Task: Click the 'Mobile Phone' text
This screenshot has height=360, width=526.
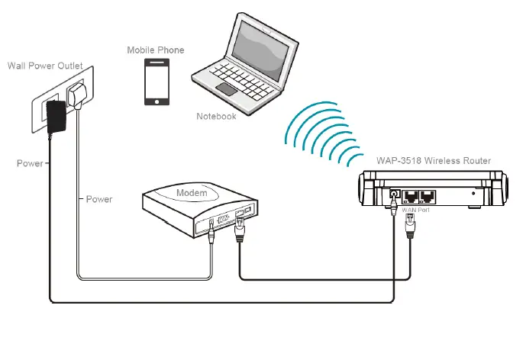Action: [155, 50]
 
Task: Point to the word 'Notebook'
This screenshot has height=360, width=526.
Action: [216, 116]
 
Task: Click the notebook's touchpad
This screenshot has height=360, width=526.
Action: [227, 89]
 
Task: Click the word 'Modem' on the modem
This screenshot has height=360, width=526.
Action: [192, 193]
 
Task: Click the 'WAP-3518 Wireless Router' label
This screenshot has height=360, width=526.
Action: [434, 161]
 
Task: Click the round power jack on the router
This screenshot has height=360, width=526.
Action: [394, 195]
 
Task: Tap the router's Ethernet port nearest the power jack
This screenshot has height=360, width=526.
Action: [414, 196]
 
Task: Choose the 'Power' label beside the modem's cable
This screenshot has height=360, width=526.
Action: [99, 199]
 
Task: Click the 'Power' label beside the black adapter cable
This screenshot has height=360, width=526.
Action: [29, 163]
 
